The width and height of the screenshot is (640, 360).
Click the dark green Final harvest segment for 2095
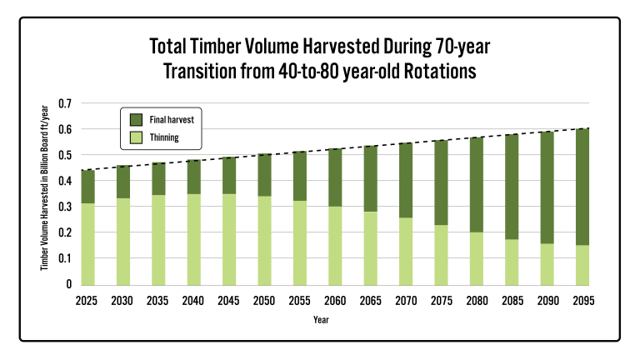[x=582, y=187]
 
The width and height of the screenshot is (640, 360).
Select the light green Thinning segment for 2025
[x=88, y=244]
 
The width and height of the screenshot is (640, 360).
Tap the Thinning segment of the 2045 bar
[x=229, y=240]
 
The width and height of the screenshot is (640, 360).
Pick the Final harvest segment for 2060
[x=335, y=177]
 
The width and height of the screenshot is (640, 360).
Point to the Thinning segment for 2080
[x=477, y=259]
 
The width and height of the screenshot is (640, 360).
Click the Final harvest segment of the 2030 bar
[x=123, y=182]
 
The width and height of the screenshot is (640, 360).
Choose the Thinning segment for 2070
[x=406, y=252]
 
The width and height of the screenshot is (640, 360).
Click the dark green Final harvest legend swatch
[x=136, y=120]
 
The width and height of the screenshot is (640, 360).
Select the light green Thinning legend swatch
[x=136, y=137]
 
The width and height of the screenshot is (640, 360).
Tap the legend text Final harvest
[x=172, y=120]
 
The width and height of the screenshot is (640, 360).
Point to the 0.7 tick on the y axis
[x=65, y=103]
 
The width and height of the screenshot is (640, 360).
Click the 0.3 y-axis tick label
[x=65, y=207]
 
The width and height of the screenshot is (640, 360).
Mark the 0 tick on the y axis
[x=69, y=284]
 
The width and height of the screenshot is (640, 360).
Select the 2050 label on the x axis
[x=264, y=301]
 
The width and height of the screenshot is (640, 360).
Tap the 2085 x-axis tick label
[x=512, y=301]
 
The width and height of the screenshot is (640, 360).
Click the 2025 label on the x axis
[x=87, y=301]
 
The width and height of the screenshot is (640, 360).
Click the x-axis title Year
[x=321, y=320]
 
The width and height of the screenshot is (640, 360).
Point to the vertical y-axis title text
[x=44, y=187]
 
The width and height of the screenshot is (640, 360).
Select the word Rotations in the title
[x=440, y=71]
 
